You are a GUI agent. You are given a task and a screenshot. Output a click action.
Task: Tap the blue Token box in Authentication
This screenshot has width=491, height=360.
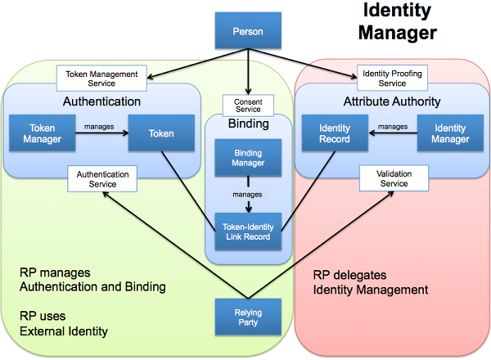[x=161, y=133]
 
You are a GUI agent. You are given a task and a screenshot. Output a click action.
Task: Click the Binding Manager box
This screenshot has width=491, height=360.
[x=247, y=157]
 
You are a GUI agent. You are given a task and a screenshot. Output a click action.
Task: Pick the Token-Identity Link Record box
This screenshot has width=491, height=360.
[x=247, y=232]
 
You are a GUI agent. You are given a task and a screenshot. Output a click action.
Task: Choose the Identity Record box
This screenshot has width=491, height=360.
[x=335, y=133]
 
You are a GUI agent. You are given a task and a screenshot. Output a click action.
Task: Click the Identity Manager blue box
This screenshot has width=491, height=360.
[x=451, y=133]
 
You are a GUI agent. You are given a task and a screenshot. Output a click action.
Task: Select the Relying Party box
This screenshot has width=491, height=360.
[x=247, y=317]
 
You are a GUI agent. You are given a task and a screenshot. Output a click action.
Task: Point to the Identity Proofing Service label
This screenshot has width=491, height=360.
[x=392, y=78]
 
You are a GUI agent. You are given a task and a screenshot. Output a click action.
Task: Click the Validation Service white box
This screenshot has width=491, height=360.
[x=394, y=179]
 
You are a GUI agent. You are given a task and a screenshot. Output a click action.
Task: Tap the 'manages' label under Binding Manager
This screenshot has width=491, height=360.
[x=246, y=195]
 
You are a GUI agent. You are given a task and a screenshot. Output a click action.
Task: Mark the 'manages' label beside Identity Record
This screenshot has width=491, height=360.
[x=393, y=126]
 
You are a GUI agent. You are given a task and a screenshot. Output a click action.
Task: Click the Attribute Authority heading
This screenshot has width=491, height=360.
[x=391, y=101]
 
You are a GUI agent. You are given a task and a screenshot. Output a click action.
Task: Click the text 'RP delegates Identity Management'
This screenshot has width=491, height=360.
[x=370, y=282]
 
